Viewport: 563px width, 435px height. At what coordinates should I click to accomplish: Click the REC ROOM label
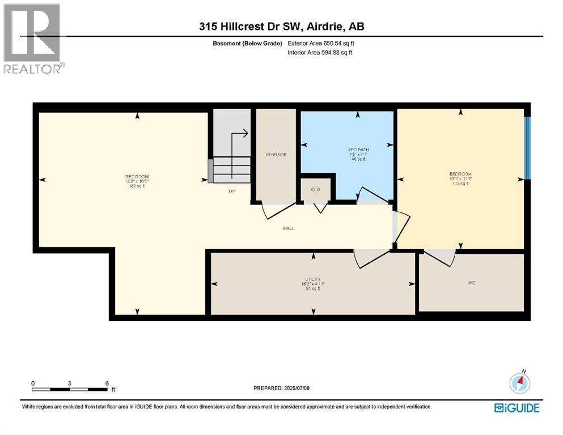pyautogui.click(x=136, y=176)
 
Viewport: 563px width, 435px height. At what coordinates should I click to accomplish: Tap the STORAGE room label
pyautogui.click(x=276, y=155)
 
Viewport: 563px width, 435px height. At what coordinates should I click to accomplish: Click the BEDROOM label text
pyautogui.click(x=460, y=174)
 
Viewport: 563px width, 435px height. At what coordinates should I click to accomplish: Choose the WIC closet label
pyautogui.click(x=471, y=282)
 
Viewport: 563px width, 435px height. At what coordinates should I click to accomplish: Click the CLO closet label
pyautogui.click(x=316, y=189)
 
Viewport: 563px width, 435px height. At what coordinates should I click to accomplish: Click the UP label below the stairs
pyautogui.click(x=231, y=191)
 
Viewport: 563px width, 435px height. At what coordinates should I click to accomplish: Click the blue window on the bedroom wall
pyautogui.click(x=527, y=147)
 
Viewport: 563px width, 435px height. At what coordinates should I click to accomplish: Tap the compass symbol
pyautogui.click(x=519, y=383)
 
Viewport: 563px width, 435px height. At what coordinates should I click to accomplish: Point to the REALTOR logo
pyautogui.click(x=32, y=38)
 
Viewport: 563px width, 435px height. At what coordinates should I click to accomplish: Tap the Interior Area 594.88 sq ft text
pyautogui.click(x=321, y=53)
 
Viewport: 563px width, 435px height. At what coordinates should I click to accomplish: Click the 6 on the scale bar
pyautogui.click(x=107, y=383)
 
